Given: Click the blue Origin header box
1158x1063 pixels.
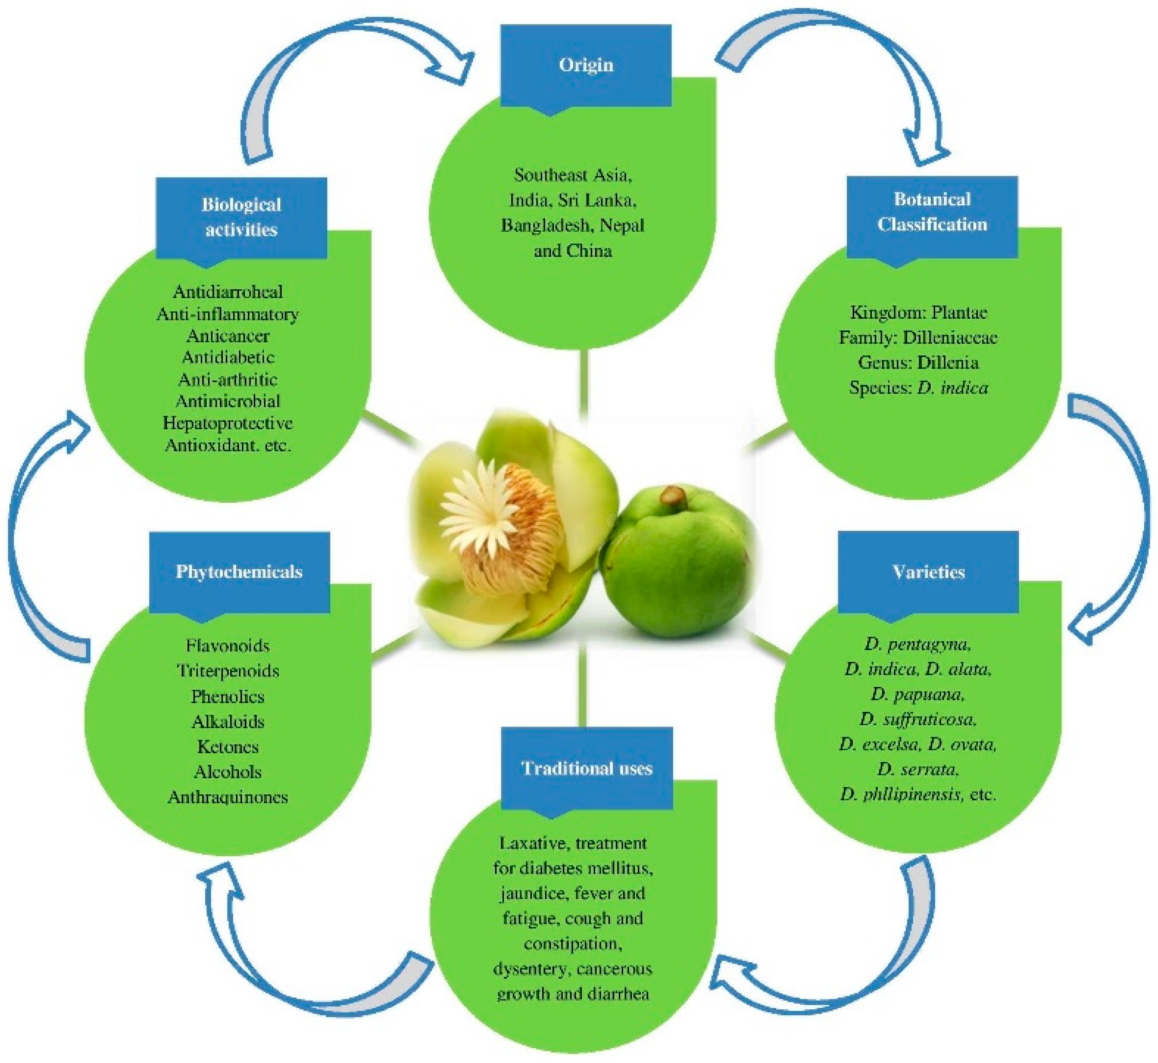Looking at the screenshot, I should pyautogui.click(x=586, y=66).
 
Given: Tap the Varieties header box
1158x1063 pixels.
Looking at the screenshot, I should pyautogui.click(x=928, y=572).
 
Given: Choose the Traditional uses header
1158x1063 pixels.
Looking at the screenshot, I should pyautogui.click(x=587, y=769).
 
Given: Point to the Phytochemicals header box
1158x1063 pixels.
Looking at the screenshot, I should pyautogui.click(x=239, y=572).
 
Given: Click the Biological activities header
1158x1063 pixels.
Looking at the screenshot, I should pyautogui.click(x=242, y=217).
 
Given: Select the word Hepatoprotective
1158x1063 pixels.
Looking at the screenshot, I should pyautogui.click(x=228, y=423).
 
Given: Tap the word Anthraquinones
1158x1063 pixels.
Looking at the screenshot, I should pyautogui.click(x=228, y=797).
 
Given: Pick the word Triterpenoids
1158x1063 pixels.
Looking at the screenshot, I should pyautogui.click(x=228, y=671).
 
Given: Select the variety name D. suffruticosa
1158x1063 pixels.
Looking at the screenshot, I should pyautogui.click(x=918, y=720).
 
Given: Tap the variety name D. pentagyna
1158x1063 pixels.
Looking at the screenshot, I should pyautogui.click(x=918, y=644).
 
